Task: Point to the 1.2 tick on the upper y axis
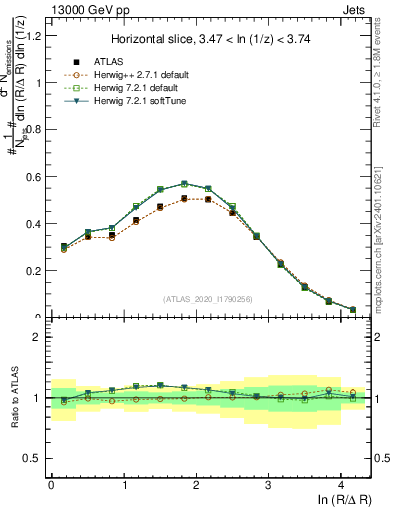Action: [33, 37]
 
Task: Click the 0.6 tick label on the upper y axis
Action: [33, 177]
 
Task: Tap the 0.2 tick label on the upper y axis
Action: [33, 271]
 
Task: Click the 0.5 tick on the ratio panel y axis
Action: [33, 458]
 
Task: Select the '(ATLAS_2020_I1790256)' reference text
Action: [209, 299]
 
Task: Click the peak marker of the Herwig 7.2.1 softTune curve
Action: [184, 184]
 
